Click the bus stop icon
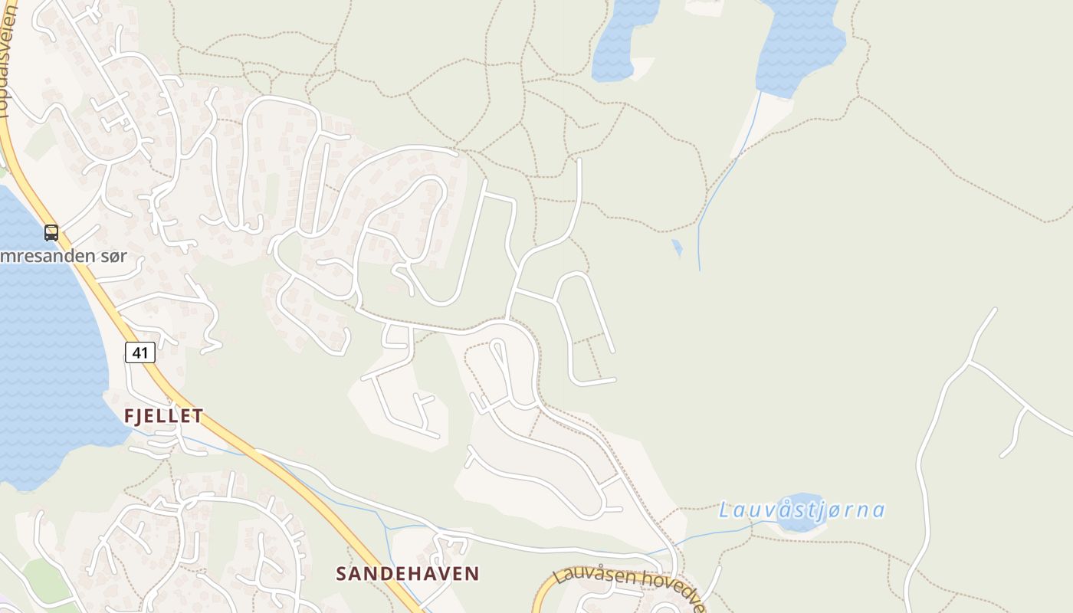(51, 233)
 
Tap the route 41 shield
(140, 352)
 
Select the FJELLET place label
(164, 416)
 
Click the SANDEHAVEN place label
(408, 573)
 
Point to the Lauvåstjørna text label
(802, 510)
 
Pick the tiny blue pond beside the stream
(677, 247)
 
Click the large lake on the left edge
(46, 345)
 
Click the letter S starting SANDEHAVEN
(342, 573)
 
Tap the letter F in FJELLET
(130, 416)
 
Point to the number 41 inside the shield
(140, 352)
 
